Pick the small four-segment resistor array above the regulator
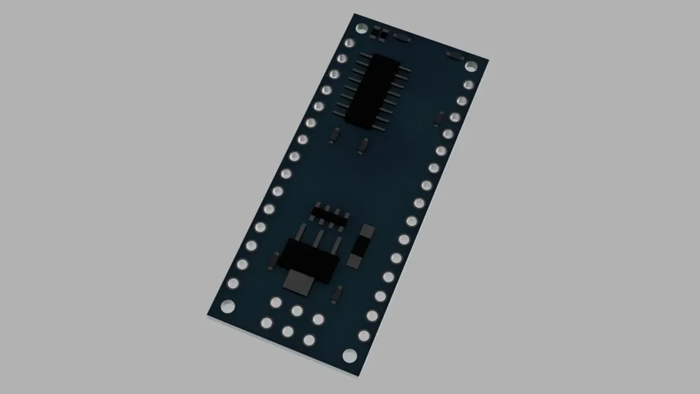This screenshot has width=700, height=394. (331, 214)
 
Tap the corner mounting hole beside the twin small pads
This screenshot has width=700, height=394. (361, 29)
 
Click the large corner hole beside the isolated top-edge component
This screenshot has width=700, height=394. (471, 66)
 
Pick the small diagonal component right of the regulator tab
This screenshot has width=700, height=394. (338, 294)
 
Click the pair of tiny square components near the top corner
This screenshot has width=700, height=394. (379, 33)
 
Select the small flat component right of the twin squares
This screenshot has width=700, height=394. (401, 38)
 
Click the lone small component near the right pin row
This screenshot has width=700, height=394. (439, 119)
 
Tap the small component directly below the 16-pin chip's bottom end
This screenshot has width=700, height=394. (362, 146)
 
